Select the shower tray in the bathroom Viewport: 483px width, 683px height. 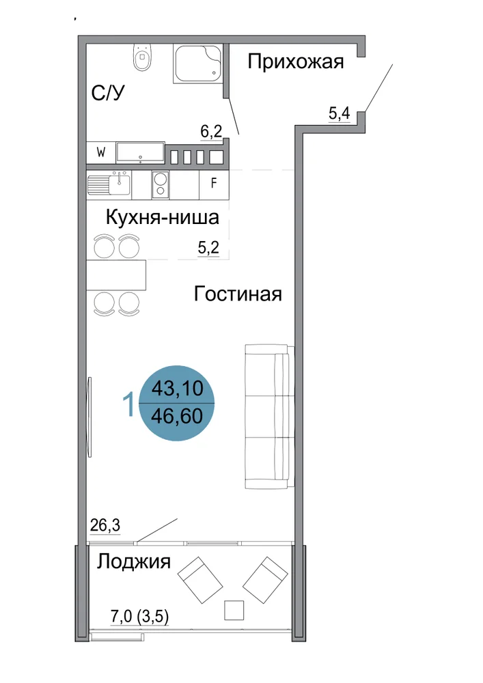coord(198,63)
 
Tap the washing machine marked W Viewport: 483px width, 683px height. coord(101,153)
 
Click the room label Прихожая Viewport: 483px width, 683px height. coord(296,62)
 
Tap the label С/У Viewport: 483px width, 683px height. coord(108,93)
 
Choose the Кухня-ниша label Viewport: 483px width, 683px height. coord(162,217)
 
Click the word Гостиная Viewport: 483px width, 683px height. coord(238,294)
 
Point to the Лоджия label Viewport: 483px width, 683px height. coord(134,562)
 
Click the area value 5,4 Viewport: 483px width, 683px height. coord(340,113)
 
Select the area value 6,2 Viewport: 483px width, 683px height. coord(211,131)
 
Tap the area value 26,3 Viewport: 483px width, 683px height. coord(105,525)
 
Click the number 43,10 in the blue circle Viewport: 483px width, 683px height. coord(177,388)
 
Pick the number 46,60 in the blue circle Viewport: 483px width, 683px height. coord(177,416)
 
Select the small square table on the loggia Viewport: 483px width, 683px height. coord(234,610)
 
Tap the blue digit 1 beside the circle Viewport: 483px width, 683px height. coord(128,404)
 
